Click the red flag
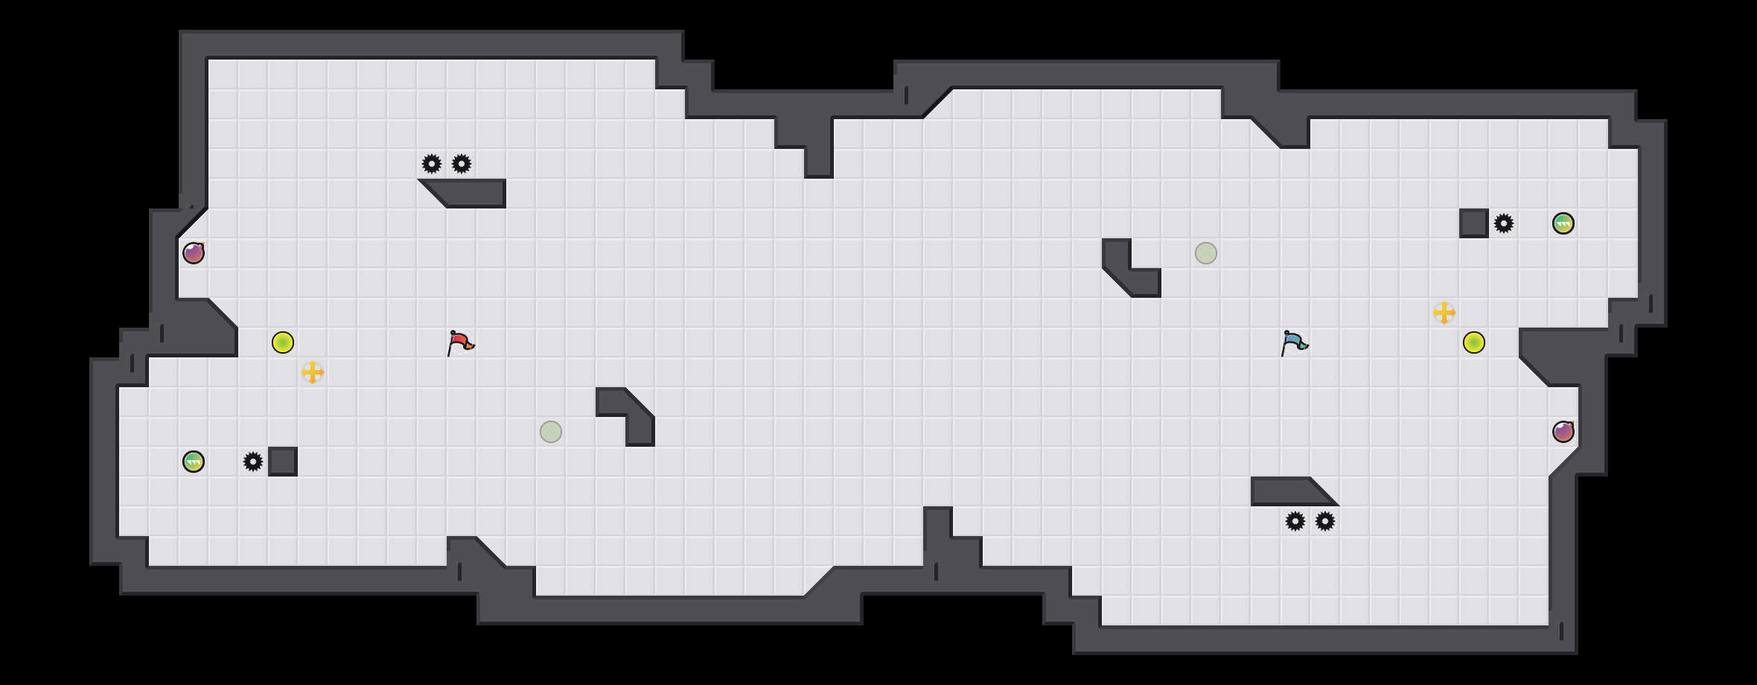coord(460,342)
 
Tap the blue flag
coord(1294,342)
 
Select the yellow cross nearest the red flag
coord(313,372)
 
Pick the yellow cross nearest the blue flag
coord(1444,313)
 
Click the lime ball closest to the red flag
coord(283,342)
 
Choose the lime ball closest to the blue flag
coord(1474,342)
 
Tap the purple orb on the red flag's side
coord(194,253)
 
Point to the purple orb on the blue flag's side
coord(1563,432)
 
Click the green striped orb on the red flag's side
coord(194,462)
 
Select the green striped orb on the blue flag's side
coord(1563,223)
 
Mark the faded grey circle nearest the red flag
coord(551,432)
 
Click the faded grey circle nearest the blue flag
coord(1206,253)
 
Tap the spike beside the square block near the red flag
coord(253,462)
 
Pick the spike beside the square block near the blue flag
coord(1504,223)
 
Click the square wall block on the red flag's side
coord(283,462)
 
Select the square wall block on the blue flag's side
coord(1474,223)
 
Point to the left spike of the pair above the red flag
coord(432,164)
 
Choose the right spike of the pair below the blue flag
coord(1325,521)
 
